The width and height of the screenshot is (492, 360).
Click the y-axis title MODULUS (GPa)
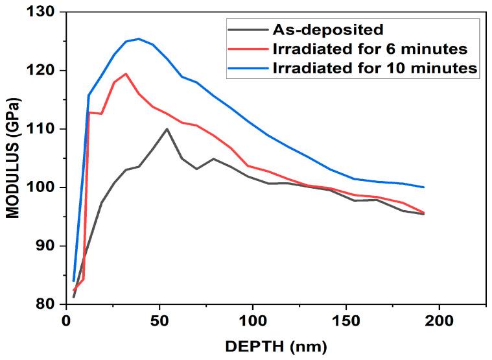click(12, 159)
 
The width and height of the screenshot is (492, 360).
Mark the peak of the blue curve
click(138, 39)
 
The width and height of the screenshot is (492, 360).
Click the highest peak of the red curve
click(125, 74)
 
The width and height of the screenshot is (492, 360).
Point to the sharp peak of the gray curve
click(167, 129)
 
